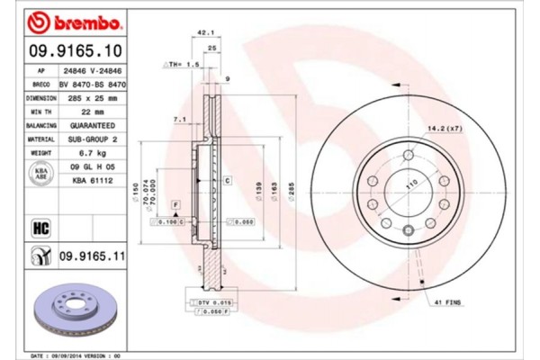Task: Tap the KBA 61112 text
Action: [x=89, y=181]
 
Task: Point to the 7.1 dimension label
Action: [x=178, y=118]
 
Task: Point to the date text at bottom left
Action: [x=76, y=355]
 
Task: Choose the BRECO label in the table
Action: [x=40, y=83]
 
